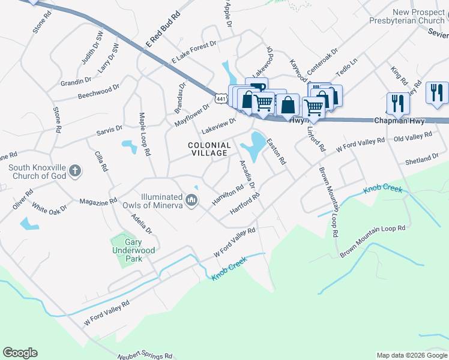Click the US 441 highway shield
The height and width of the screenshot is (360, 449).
coord(222,98)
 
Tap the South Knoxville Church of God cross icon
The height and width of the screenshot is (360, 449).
coord(74,171)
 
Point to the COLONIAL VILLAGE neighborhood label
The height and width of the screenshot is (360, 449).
coord(209,149)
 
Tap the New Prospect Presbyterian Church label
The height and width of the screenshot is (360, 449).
coord(418,16)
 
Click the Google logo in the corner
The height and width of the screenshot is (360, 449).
coord(20,353)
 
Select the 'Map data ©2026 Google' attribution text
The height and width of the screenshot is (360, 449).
coord(411,355)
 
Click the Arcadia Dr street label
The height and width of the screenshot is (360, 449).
coord(247,174)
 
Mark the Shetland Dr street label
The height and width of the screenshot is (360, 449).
coord(421,160)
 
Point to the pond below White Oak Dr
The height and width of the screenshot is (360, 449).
coord(29,224)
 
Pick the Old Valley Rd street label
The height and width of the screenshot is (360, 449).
coord(412,138)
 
